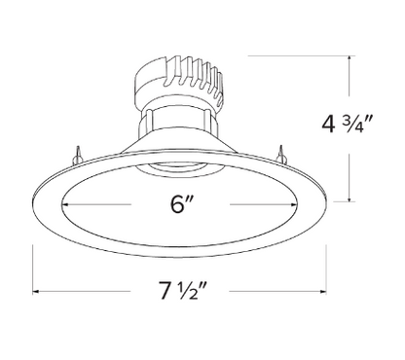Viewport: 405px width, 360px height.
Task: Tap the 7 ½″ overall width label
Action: coord(182,290)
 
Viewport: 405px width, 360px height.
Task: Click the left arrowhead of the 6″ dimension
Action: coord(64,204)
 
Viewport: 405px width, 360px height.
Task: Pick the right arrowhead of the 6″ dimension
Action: coord(294,204)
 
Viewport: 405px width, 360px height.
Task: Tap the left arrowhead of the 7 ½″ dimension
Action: coord(36,291)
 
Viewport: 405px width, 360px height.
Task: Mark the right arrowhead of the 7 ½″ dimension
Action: coord(322,291)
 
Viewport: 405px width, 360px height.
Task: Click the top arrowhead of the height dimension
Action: coord(350,59)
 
